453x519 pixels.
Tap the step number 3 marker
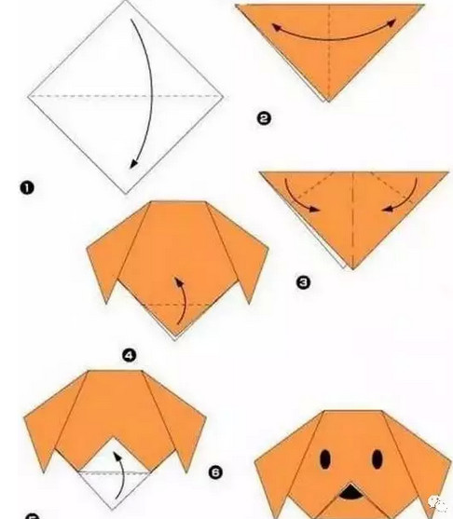[302, 280]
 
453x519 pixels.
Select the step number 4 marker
[130, 353]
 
